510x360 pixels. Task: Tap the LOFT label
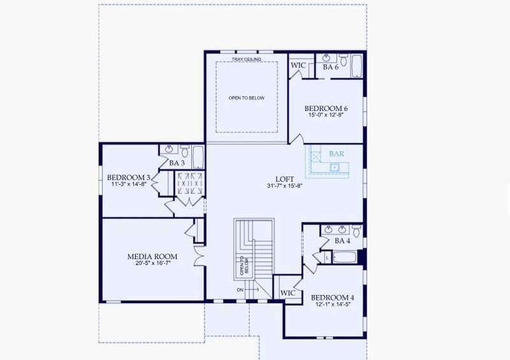pyautogui.click(x=284, y=179)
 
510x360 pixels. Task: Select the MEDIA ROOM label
pyautogui.click(x=152, y=257)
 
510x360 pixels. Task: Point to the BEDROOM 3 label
pyautogui.click(x=129, y=178)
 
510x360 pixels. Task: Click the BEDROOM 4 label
pyautogui.click(x=332, y=298)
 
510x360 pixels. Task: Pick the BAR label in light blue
pyautogui.click(x=337, y=154)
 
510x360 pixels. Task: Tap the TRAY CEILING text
pyautogui.click(x=246, y=59)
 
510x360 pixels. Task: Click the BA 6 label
pyautogui.click(x=330, y=67)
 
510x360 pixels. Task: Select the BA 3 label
pyautogui.click(x=177, y=163)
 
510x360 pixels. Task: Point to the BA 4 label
pyautogui.click(x=342, y=241)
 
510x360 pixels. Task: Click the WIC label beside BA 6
pyautogui.click(x=298, y=65)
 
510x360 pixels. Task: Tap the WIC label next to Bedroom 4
pyautogui.click(x=288, y=292)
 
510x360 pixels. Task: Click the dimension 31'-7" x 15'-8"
pyautogui.click(x=284, y=186)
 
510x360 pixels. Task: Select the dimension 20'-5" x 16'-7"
pyautogui.click(x=153, y=263)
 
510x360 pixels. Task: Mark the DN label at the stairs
pyautogui.click(x=240, y=290)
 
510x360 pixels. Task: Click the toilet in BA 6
pyautogui.click(x=344, y=60)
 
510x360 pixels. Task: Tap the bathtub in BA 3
pyautogui.click(x=198, y=157)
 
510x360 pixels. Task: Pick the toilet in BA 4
pyautogui.click(x=356, y=231)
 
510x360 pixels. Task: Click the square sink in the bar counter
pyautogui.click(x=334, y=168)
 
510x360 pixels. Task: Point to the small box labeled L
pyautogui.click(x=327, y=257)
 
